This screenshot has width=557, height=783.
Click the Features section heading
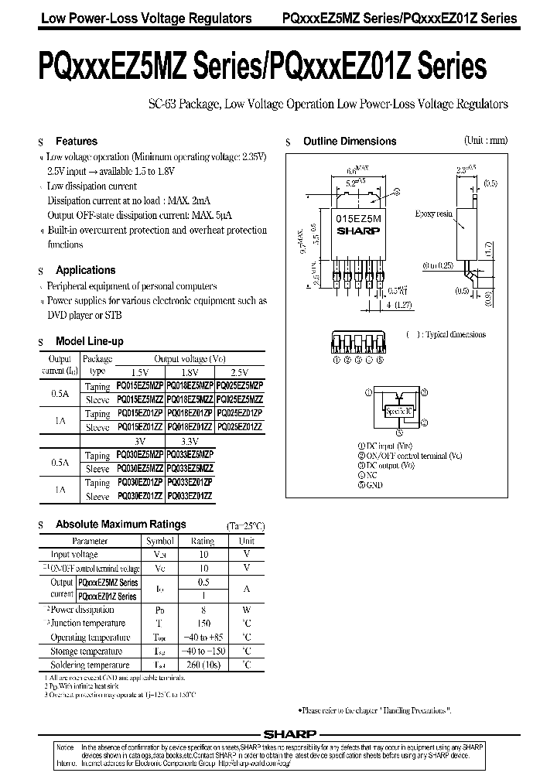76,142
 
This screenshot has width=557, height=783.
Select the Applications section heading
85,270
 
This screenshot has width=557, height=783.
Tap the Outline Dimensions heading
349,142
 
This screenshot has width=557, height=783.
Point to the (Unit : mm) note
486,141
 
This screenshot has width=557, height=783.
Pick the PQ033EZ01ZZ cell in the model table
190,496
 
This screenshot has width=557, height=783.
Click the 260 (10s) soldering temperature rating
203,665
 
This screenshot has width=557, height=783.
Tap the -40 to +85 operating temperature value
203,637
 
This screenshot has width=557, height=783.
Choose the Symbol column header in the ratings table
160,541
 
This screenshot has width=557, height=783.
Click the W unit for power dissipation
246,609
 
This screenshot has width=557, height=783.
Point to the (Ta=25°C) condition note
245,525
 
